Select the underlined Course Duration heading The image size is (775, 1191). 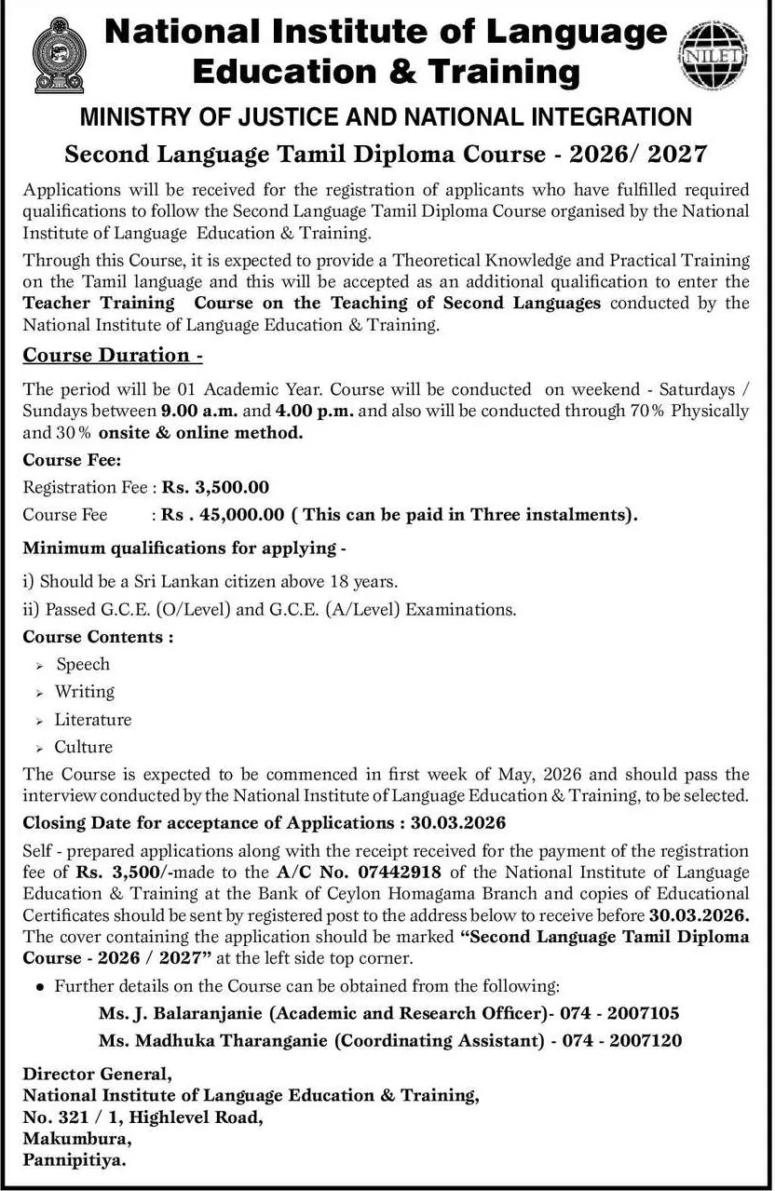tap(113, 355)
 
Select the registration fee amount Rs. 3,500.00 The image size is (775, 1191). tap(216, 486)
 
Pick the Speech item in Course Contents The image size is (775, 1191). tap(83, 664)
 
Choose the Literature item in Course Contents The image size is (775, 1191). tap(93, 719)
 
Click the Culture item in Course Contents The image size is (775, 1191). tap(83, 747)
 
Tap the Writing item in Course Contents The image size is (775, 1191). tap(85, 692)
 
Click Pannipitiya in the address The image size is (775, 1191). tap(74, 1160)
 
